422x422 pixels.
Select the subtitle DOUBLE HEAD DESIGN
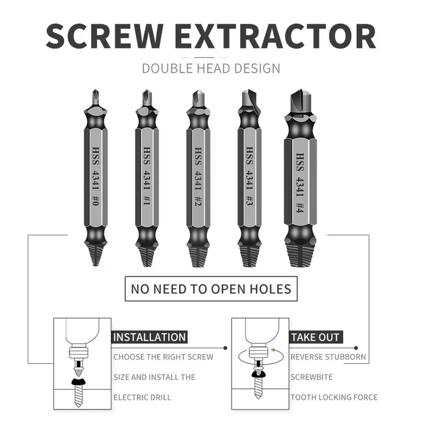(x=211, y=68)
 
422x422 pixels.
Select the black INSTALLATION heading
(x=150, y=337)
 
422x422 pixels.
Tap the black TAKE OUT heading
(x=315, y=337)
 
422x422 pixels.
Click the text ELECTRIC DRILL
(x=142, y=397)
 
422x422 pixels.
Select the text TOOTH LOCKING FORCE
(x=334, y=397)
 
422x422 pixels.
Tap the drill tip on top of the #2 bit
(x=196, y=100)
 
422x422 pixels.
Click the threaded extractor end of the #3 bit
(x=249, y=254)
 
